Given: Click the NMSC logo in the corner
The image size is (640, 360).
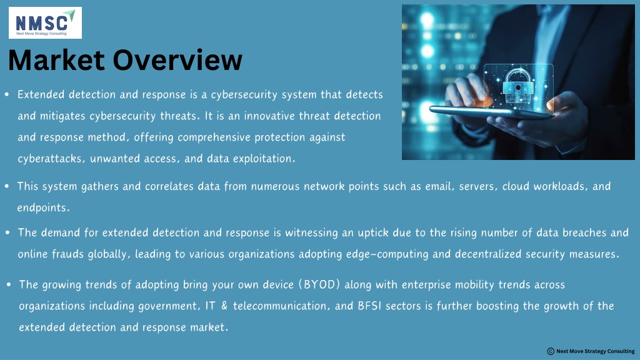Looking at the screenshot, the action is tap(45, 23).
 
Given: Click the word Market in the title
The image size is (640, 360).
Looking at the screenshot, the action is tap(56, 60).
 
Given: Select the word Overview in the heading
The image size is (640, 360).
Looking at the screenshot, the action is tap(177, 60).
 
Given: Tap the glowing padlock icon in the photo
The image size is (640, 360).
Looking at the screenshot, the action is tap(517, 86).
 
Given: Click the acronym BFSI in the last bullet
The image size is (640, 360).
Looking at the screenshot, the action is tap(369, 306).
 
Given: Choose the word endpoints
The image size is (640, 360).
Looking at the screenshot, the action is tap(43, 207).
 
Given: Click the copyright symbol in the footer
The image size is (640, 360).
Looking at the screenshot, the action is tap(551, 351).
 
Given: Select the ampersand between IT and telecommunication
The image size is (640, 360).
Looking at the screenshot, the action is tap(224, 306).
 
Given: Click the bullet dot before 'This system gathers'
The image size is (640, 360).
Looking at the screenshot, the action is tap(7, 186).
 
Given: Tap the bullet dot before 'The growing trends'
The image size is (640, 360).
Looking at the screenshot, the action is tap(9, 284).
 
